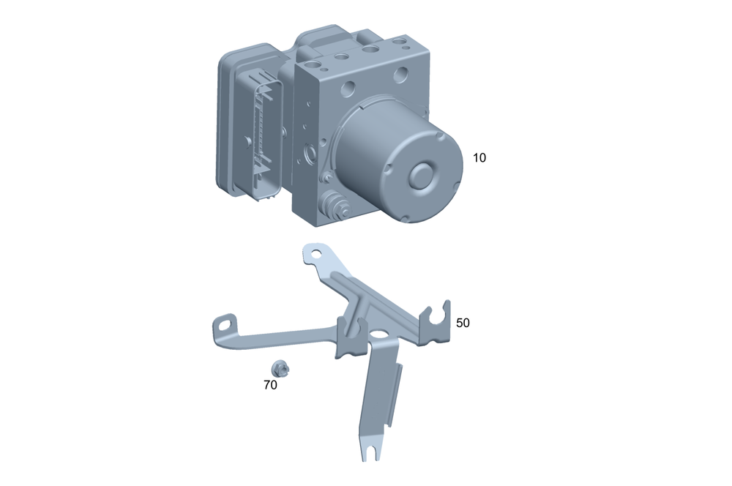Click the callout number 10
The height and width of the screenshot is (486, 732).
(x=479, y=158)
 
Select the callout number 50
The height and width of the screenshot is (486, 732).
(x=463, y=323)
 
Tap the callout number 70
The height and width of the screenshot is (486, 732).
(x=270, y=385)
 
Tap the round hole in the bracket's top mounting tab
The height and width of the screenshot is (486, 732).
(x=316, y=254)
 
